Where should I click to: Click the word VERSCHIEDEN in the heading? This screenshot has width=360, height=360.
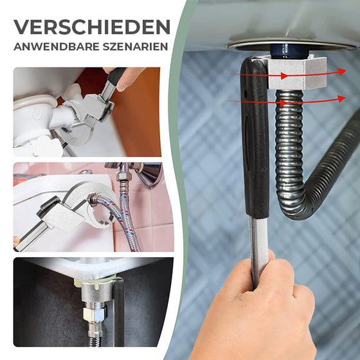[x=92, y=27]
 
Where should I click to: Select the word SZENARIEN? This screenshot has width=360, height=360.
[x=132, y=48]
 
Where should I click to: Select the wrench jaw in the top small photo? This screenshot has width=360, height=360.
[x=80, y=122]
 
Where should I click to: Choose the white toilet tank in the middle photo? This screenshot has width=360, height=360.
[x=39, y=193]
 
